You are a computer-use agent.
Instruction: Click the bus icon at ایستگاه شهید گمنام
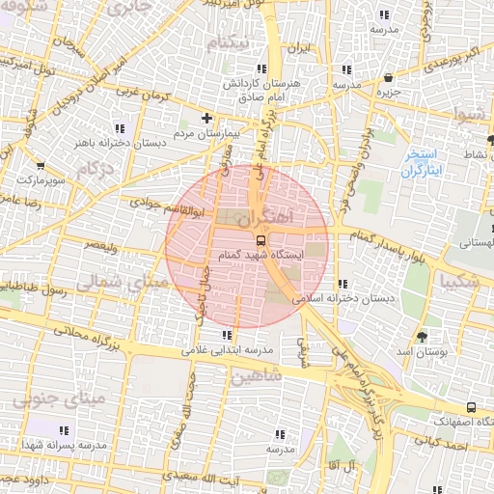(x=260, y=239)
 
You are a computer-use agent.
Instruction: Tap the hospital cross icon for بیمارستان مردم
(x=206, y=118)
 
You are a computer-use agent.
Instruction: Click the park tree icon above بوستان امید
(x=422, y=336)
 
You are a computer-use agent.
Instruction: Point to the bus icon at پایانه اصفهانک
(x=470, y=408)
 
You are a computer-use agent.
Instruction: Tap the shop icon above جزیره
(x=388, y=78)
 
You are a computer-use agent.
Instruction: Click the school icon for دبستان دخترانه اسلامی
(x=343, y=285)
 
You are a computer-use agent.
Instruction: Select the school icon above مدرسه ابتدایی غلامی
(x=228, y=335)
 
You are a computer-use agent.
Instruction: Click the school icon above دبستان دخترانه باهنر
(x=120, y=128)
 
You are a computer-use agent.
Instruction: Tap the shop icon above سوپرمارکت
(x=40, y=165)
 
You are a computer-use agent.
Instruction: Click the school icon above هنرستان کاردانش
(x=261, y=69)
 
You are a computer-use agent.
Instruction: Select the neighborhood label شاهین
(x=257, y=376)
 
